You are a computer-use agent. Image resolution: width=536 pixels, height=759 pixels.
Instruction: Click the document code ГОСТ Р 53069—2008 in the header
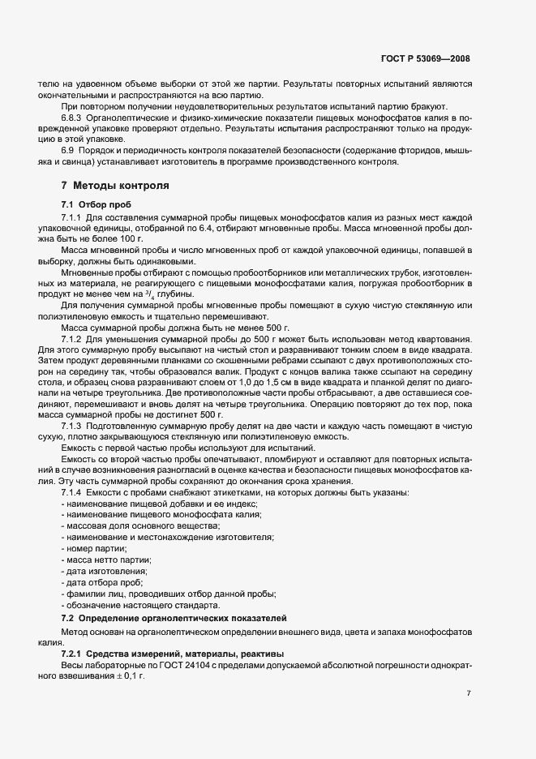tap(425, 59)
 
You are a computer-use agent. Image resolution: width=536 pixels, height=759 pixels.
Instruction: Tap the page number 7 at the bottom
tap(469, 693)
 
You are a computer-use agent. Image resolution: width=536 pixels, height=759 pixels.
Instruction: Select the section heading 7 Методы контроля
tap(115, 186)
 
